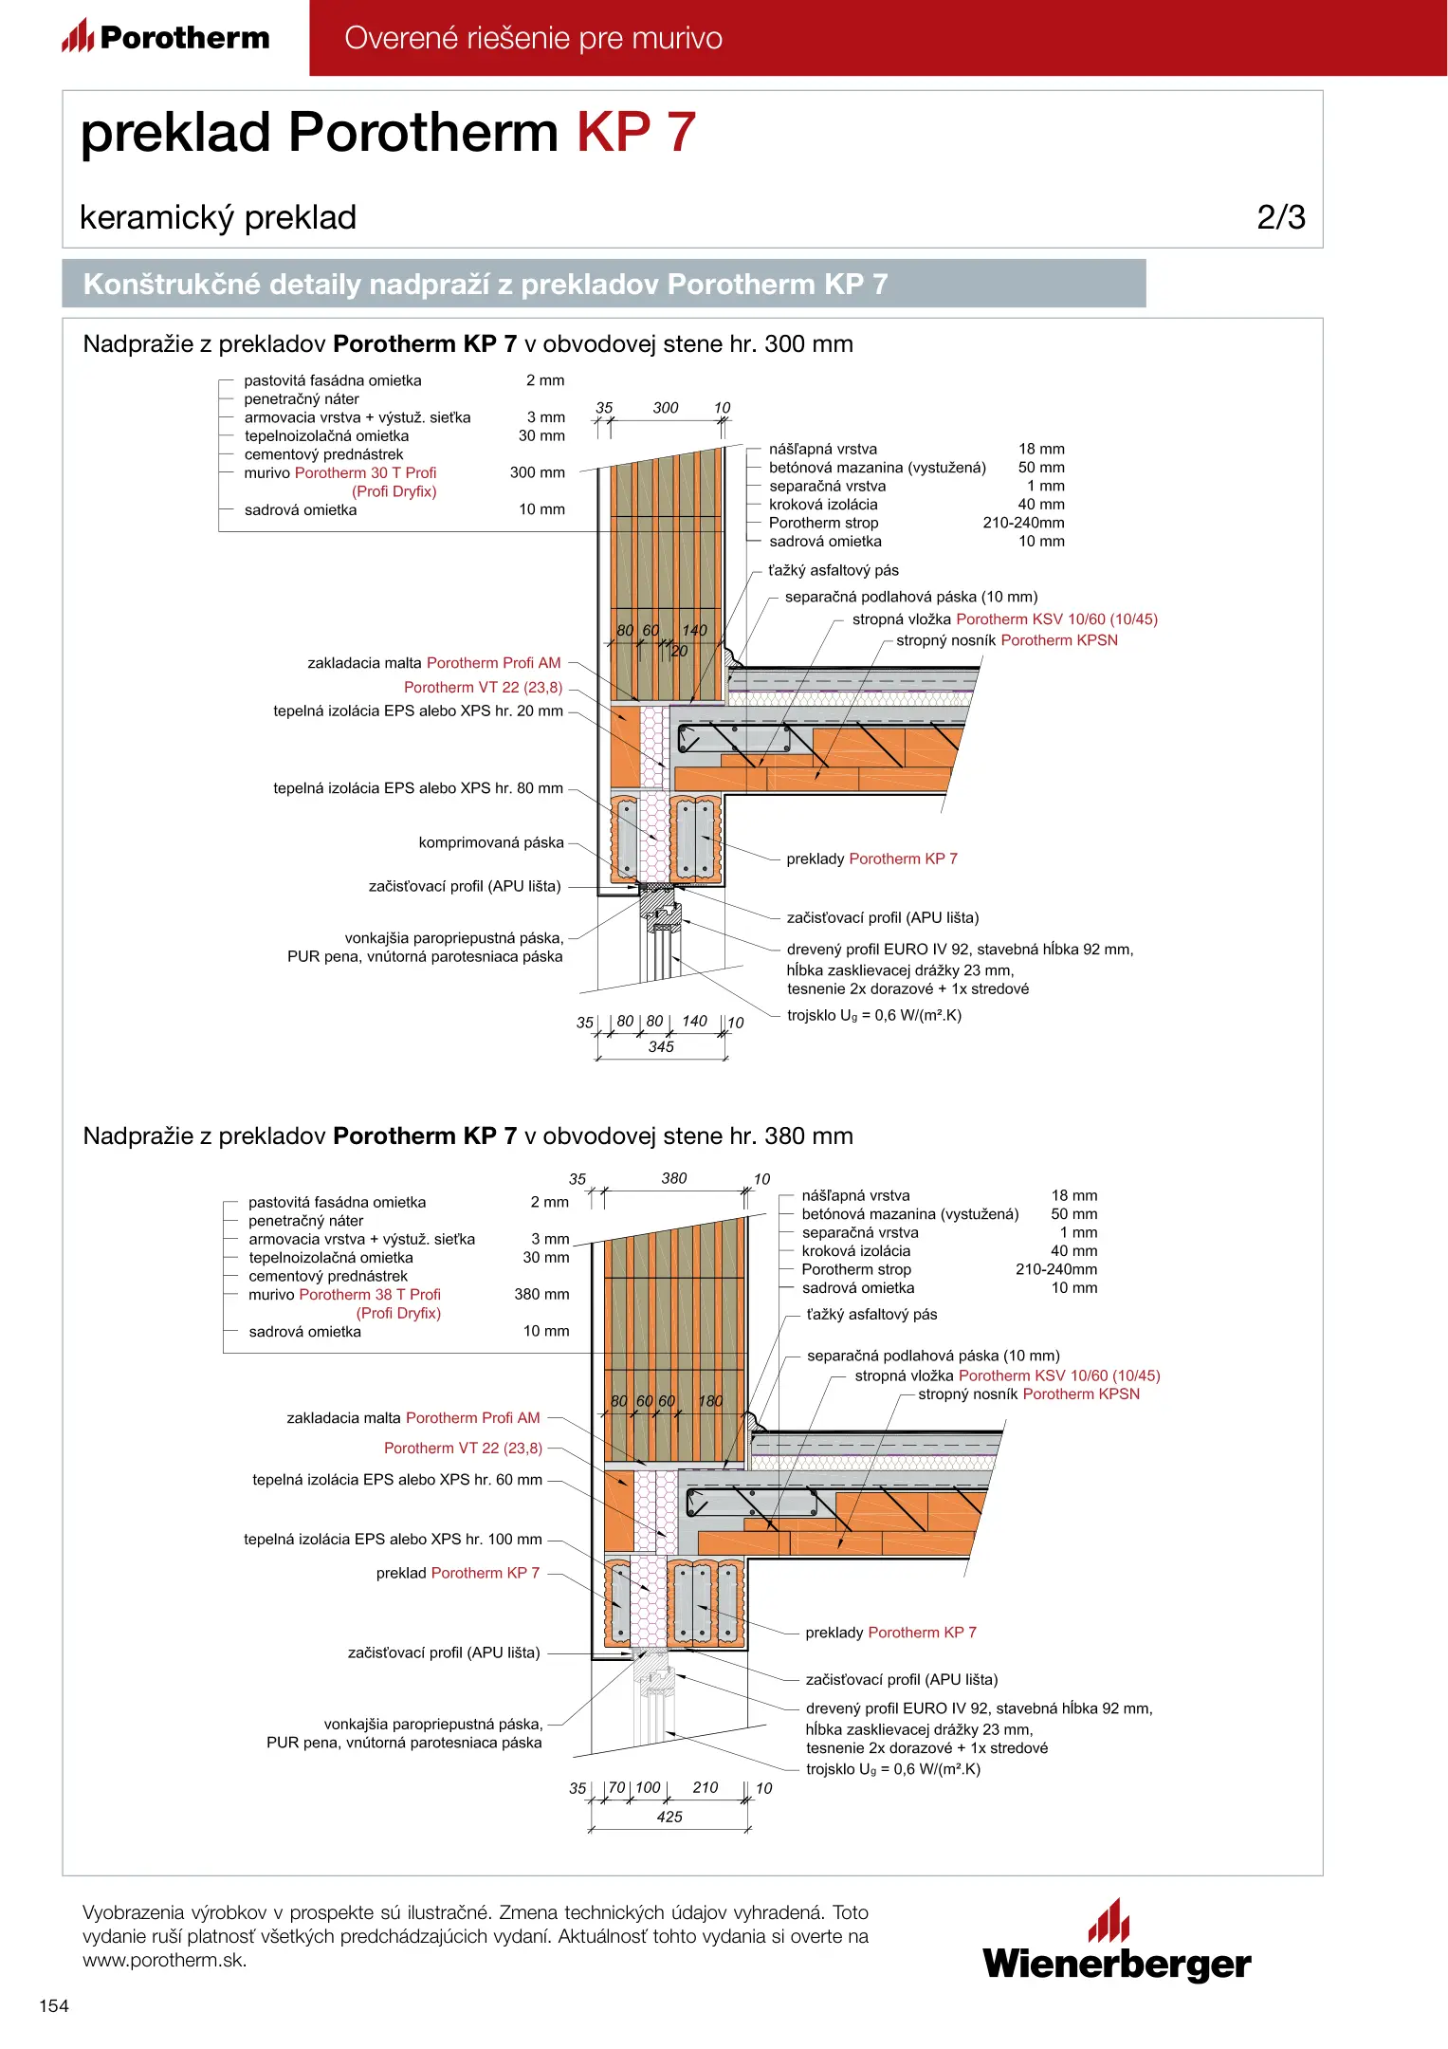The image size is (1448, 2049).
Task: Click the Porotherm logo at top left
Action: (x=166, y=37)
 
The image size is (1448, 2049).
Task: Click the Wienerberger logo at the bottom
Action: (x=1116, y=1941)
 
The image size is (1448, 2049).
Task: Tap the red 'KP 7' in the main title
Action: (x=636, y=132)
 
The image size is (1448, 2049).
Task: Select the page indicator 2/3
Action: (x=1280, y=217)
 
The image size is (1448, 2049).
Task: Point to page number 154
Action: (x=54, y=2005)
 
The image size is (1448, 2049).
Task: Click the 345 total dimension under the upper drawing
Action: (x=661, y=1046)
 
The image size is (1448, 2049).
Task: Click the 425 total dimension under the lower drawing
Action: (x=669, y=1817)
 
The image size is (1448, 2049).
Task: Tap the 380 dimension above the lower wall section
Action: (x=674, y=1178)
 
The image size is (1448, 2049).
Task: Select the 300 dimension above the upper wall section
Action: (x=666, y=408)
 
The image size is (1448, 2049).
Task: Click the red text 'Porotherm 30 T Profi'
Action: (x=365, y=472)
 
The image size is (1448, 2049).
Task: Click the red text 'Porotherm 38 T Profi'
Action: (x=370, y=1294)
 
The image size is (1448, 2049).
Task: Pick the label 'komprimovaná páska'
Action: (x=491, y=842)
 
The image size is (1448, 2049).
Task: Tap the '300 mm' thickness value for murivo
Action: (x=537, y=472)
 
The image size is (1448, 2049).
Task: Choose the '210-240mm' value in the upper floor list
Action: (x=1023, y=523)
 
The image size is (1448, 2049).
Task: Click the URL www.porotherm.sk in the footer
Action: (x=165, y=1960)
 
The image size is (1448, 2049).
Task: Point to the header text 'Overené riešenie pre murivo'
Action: (x=533, y=38)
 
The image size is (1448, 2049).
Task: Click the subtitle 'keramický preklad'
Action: (x=218, y=217)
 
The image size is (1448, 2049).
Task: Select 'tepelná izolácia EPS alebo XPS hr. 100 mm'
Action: (x=393, y=1539)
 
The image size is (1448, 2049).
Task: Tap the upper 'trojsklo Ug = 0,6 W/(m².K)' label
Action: (x=873, y=1015)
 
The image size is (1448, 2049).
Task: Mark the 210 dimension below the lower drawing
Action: (x=706, y=1787)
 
